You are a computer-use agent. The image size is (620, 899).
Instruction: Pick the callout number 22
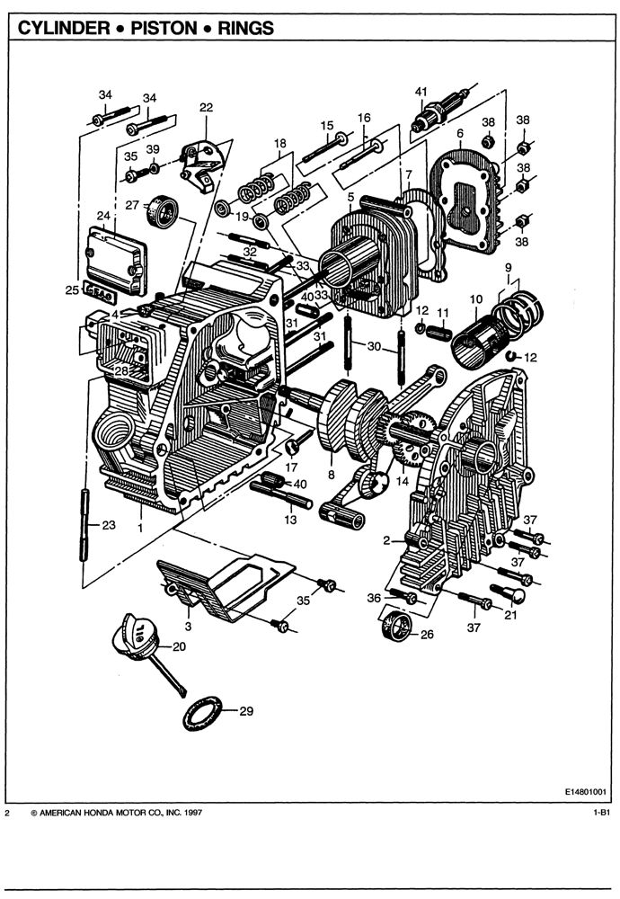click(206, 108)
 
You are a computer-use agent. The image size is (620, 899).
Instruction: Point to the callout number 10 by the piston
click(476, 298)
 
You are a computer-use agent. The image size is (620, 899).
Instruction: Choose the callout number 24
click(103, 217)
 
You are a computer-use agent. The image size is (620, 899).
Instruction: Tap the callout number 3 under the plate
click(188, 625)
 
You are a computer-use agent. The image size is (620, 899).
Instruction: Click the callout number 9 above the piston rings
click(508, 267)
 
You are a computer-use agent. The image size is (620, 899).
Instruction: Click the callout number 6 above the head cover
click(459, 133)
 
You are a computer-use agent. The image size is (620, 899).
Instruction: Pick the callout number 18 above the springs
click(280, 143)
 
